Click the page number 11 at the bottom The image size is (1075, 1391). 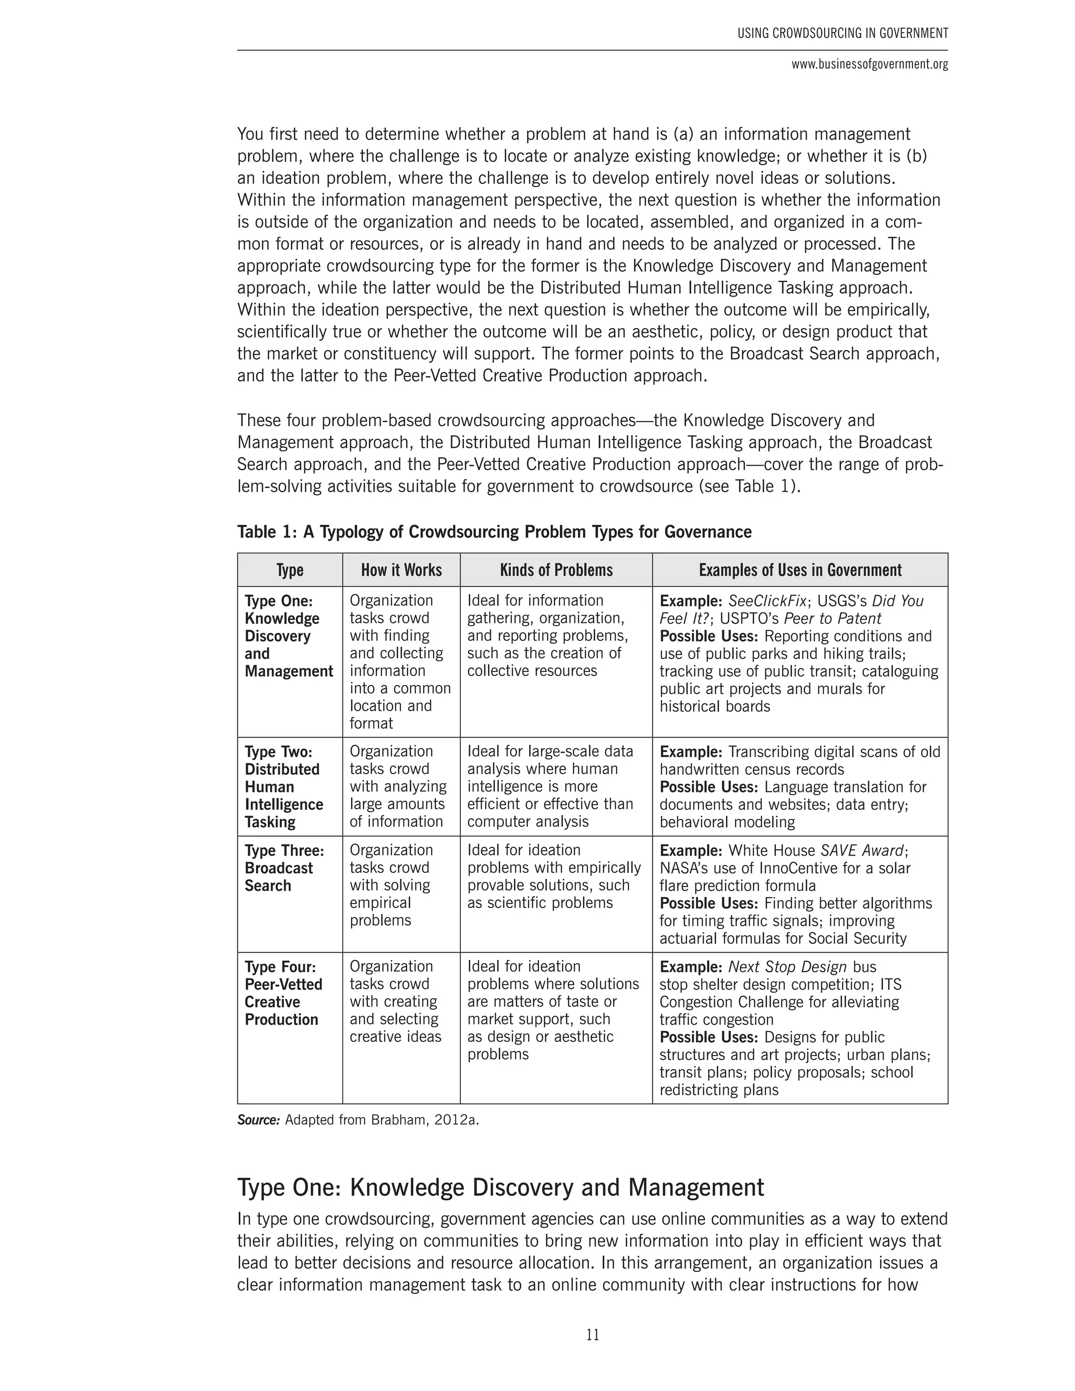click(592, 1334)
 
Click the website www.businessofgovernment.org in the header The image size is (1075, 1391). click(869, 65)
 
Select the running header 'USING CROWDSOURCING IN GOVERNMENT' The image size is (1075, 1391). click(842, 33)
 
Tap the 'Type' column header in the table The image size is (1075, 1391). click(290, 570)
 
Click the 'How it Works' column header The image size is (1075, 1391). click(401, 570)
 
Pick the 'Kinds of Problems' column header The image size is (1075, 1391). click(556, 570)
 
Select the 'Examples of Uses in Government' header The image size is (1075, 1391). click(800, 570)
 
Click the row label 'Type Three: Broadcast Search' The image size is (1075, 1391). click(284, 868)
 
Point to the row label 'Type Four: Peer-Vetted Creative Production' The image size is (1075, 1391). click(283, 993)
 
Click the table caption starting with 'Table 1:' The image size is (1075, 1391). click(494, 532)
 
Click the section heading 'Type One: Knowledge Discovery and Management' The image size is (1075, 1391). click(501, 1188)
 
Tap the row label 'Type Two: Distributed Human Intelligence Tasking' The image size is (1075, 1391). click(283, 787)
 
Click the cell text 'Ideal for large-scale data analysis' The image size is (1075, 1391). click(550, 761)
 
